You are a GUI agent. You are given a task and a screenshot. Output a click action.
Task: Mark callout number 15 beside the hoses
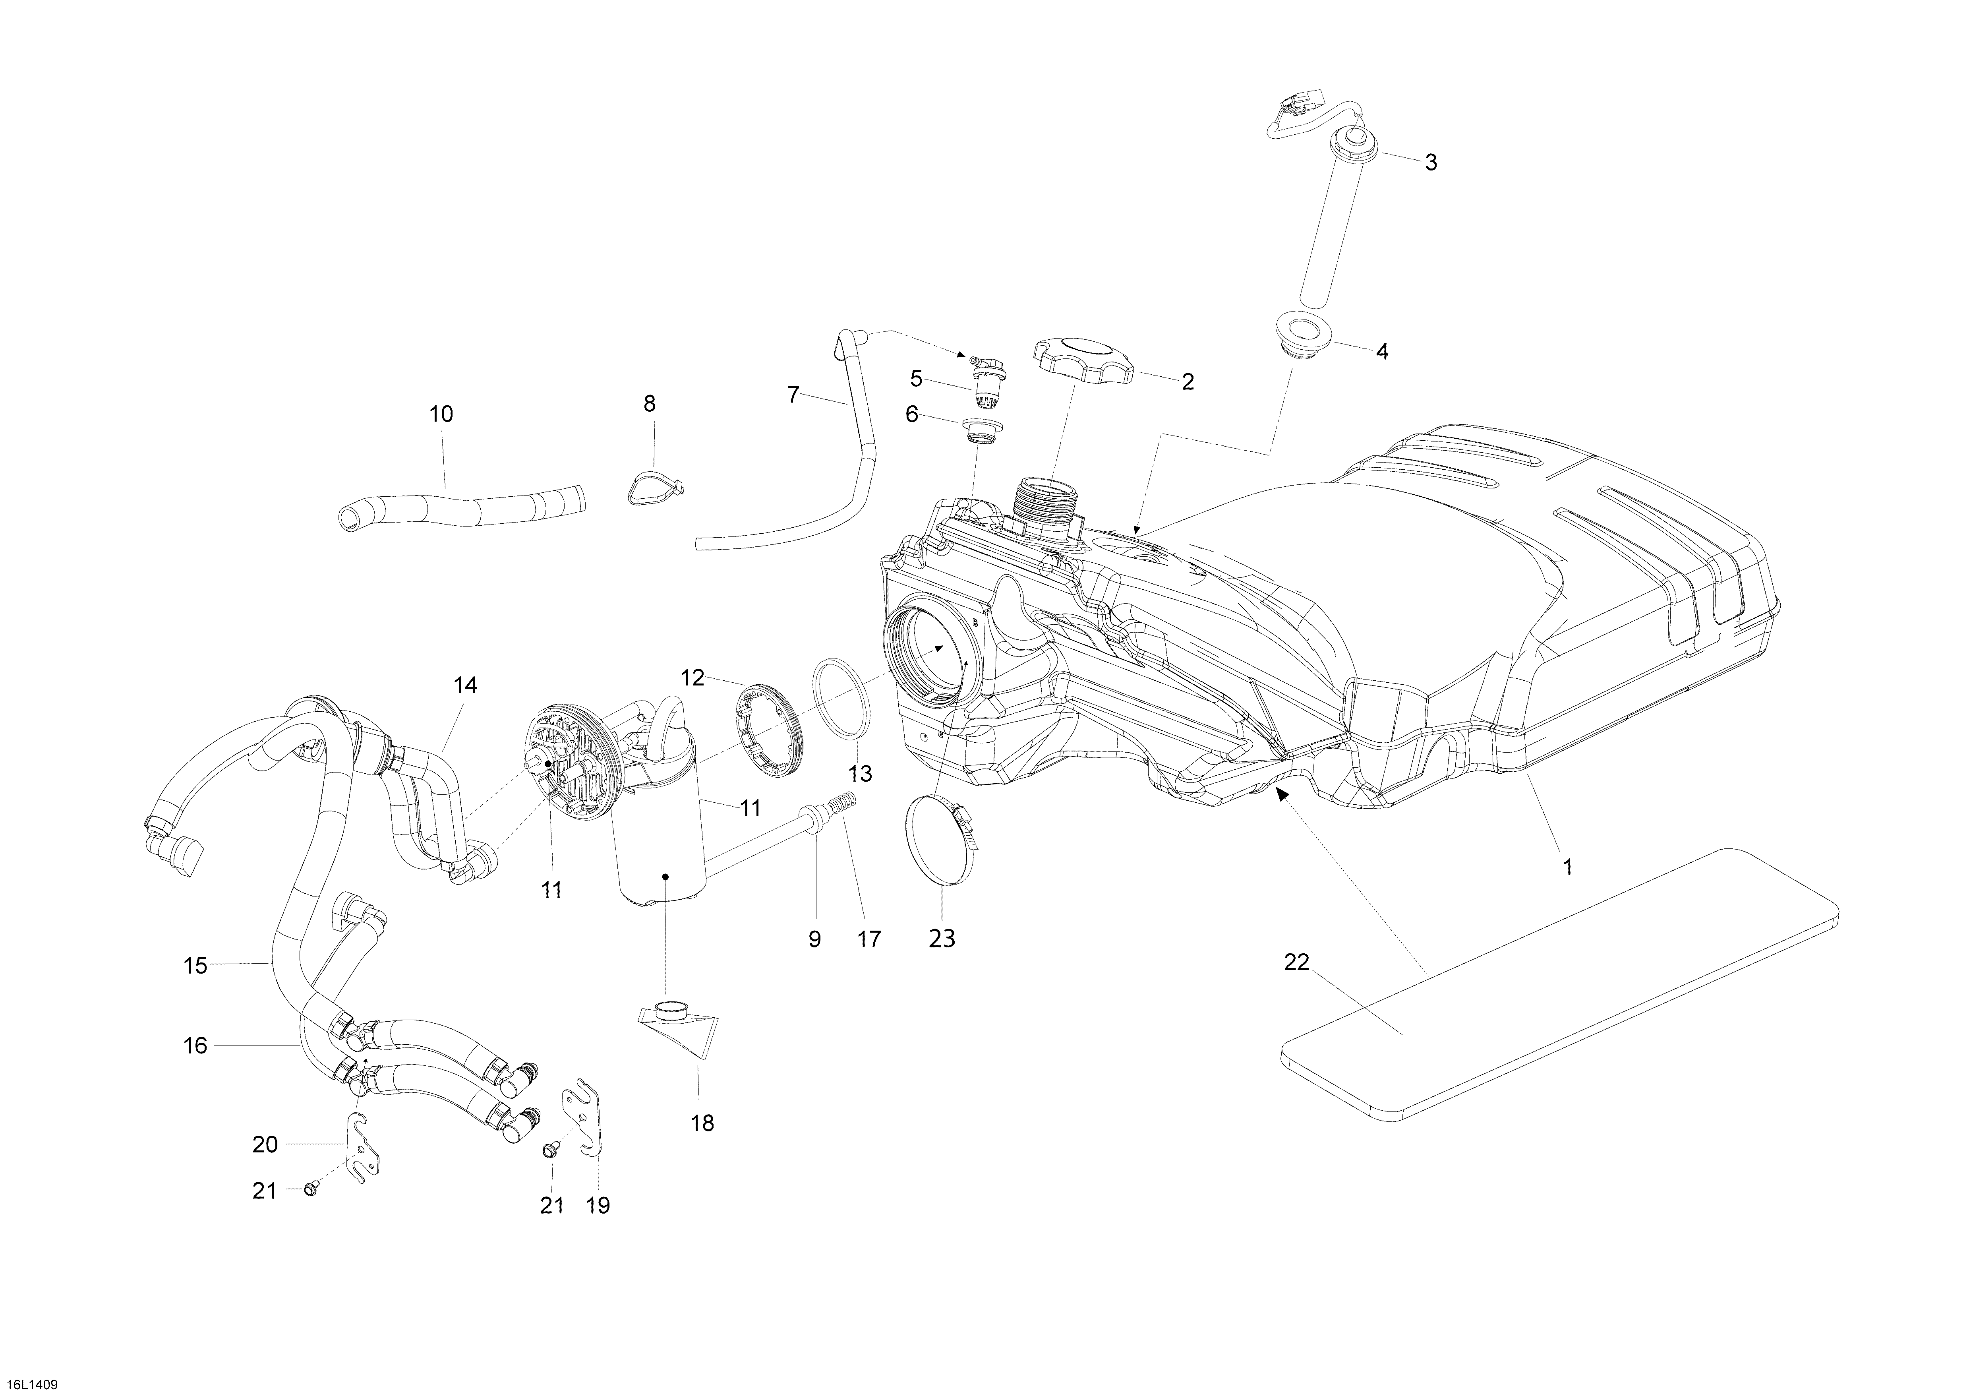196,966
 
